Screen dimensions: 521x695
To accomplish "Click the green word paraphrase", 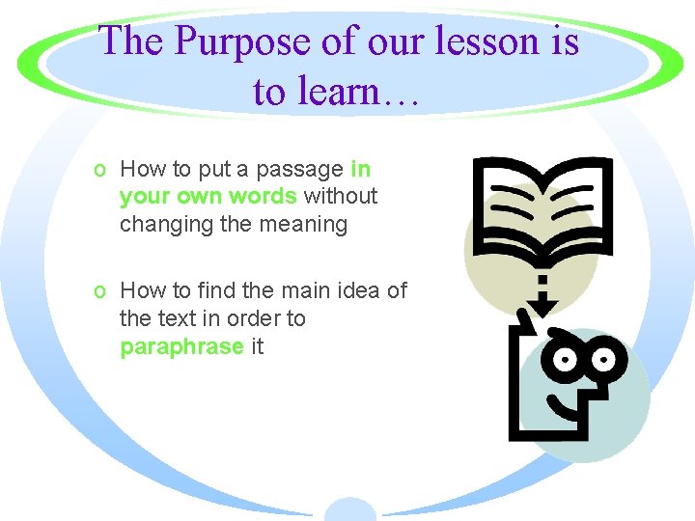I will (181, 346).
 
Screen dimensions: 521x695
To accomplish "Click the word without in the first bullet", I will (341, 197).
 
